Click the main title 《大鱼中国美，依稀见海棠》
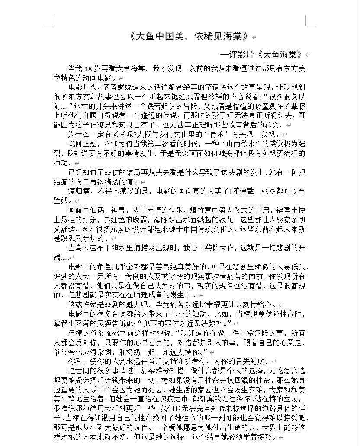click(x=190, y=36)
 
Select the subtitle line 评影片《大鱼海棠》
click(x=265, y=55)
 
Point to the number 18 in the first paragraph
click(x=88, y=68)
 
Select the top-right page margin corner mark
click(x=308, y=21)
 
